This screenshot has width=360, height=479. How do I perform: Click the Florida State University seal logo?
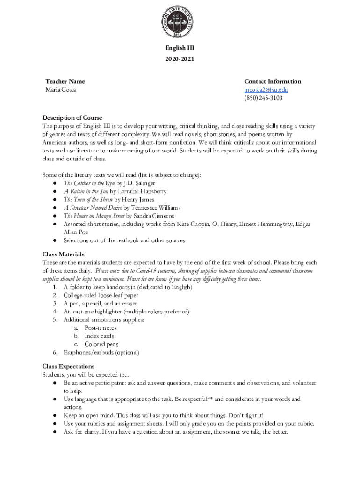pyautogui.click(x=180, y=22)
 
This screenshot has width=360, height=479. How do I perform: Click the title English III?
pyautogui.click(x=180, y=48)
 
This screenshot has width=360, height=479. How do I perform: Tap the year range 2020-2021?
pyautogui.click(x=180, y=59)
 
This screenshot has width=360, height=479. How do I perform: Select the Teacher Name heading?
pyautogui.click(x=65, y=81)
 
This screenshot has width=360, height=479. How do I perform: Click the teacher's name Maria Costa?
pyautogui.click(x=60, y=90)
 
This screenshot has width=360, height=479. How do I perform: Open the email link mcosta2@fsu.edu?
pyautogui.click(x=266, y=90)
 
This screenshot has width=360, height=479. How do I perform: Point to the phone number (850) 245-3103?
pyautogui.click(x=263, y=98)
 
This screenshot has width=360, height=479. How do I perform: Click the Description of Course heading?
pyautogui.click(x=72, y=117)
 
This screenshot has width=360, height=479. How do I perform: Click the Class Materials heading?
pyautogui.click(x=63, y=254)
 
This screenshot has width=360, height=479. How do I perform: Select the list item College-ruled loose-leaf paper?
pyautogui.click(x=101, y=295)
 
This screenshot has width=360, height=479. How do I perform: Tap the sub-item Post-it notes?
pyautogui.click(x=101, y=328)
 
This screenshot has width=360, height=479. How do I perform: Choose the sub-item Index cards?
pyautogui.click(x=99, y=336)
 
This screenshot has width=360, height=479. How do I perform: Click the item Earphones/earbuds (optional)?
pyautogui.click(x=101, y=352)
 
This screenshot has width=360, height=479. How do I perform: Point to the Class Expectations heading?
pyautogui.click(x=68, y=366)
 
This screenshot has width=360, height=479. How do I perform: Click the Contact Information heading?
pyautogui.click(x=273, y=81)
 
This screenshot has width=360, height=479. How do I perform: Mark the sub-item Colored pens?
pyautogui.click(x=101, y=344)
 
